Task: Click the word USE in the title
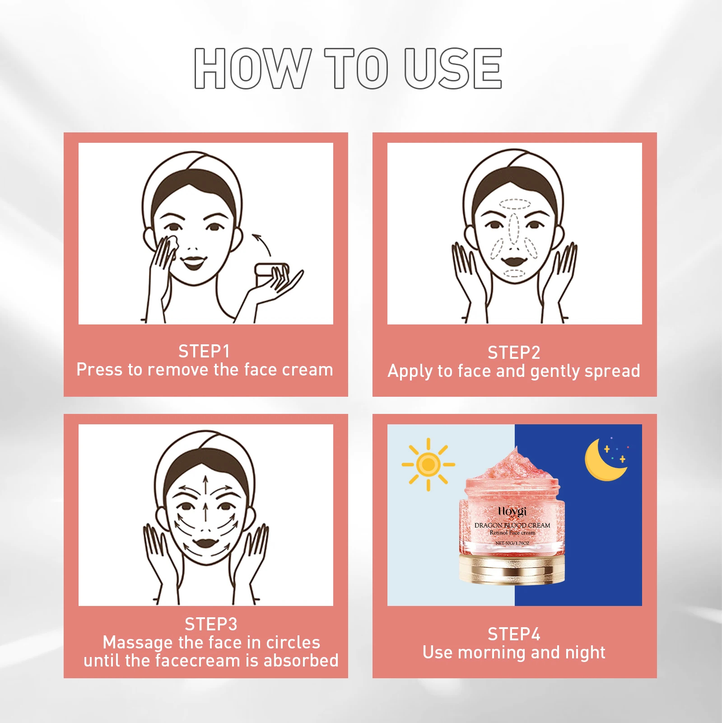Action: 452,68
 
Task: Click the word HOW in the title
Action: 252,68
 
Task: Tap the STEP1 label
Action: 204,351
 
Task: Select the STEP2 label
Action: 514,352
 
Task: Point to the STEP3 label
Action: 211,624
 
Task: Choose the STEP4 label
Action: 514,634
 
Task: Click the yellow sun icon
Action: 428,464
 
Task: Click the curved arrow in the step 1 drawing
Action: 262,244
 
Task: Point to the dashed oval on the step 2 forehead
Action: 514,204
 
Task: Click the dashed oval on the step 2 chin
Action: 514,273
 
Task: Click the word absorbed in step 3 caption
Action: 301,661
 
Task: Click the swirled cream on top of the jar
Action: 512,465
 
